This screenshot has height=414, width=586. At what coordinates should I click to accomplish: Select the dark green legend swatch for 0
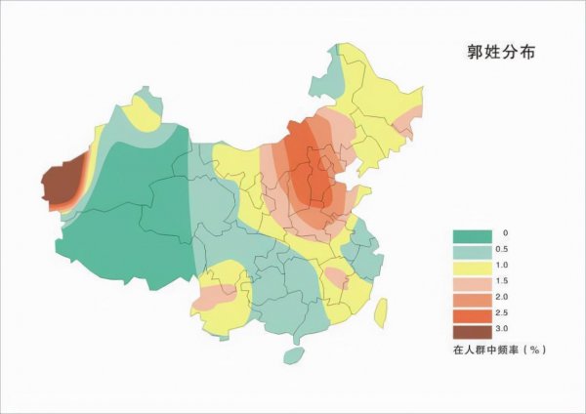pyautogui.click(x=471, y=235)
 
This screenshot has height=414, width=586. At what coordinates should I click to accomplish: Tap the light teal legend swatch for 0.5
pyautogui.click(x=471, y=252)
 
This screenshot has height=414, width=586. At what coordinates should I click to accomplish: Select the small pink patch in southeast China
pyautogui.click(x=335, y=277)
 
